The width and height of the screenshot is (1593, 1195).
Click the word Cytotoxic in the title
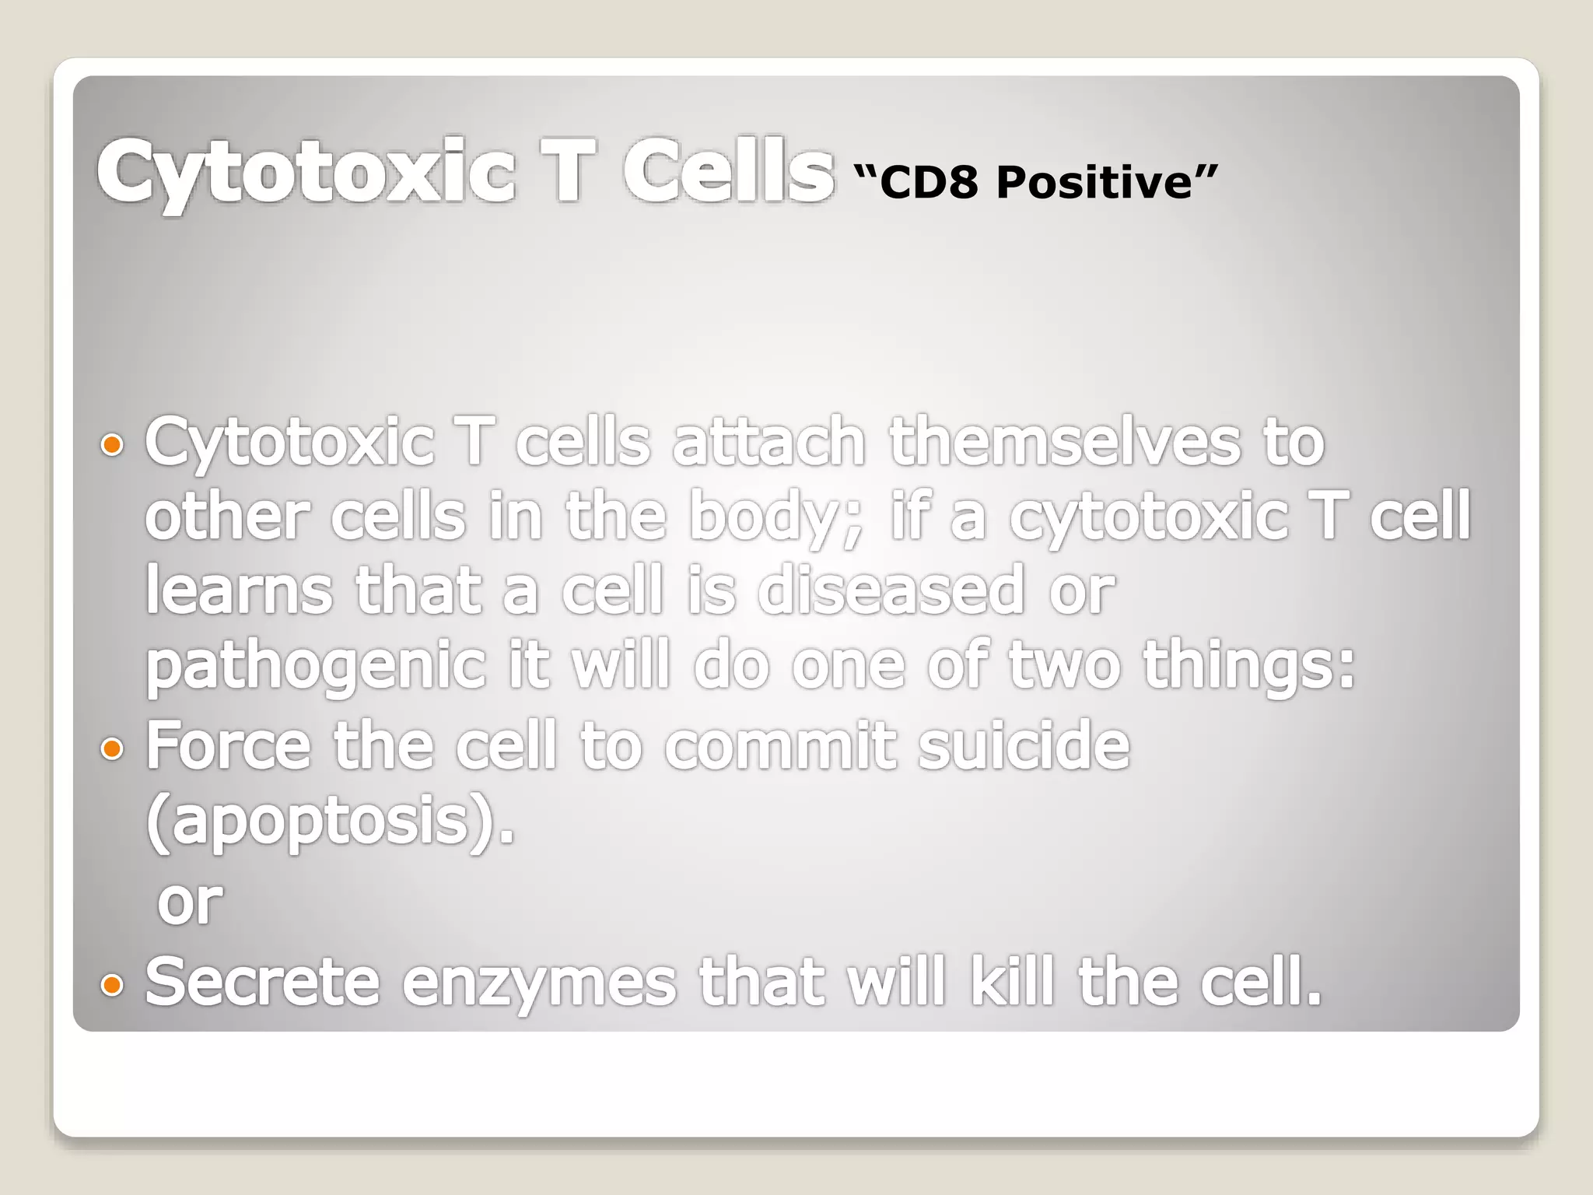(305, 171)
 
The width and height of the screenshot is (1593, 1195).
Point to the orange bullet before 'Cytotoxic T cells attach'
(113, 445)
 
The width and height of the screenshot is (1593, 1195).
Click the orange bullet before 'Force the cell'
(113, 748)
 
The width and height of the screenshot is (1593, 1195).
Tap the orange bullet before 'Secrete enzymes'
(113, 985)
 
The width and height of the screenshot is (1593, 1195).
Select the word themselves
(1064, 442)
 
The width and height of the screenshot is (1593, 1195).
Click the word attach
(768, 442)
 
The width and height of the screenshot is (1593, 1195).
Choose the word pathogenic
(316, 668)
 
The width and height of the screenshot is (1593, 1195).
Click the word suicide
(1023, 745)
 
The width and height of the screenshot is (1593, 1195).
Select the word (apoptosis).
(330, 823)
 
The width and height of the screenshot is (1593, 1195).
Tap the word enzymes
(538, 983)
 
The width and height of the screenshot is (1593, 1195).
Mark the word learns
(239, 591)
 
